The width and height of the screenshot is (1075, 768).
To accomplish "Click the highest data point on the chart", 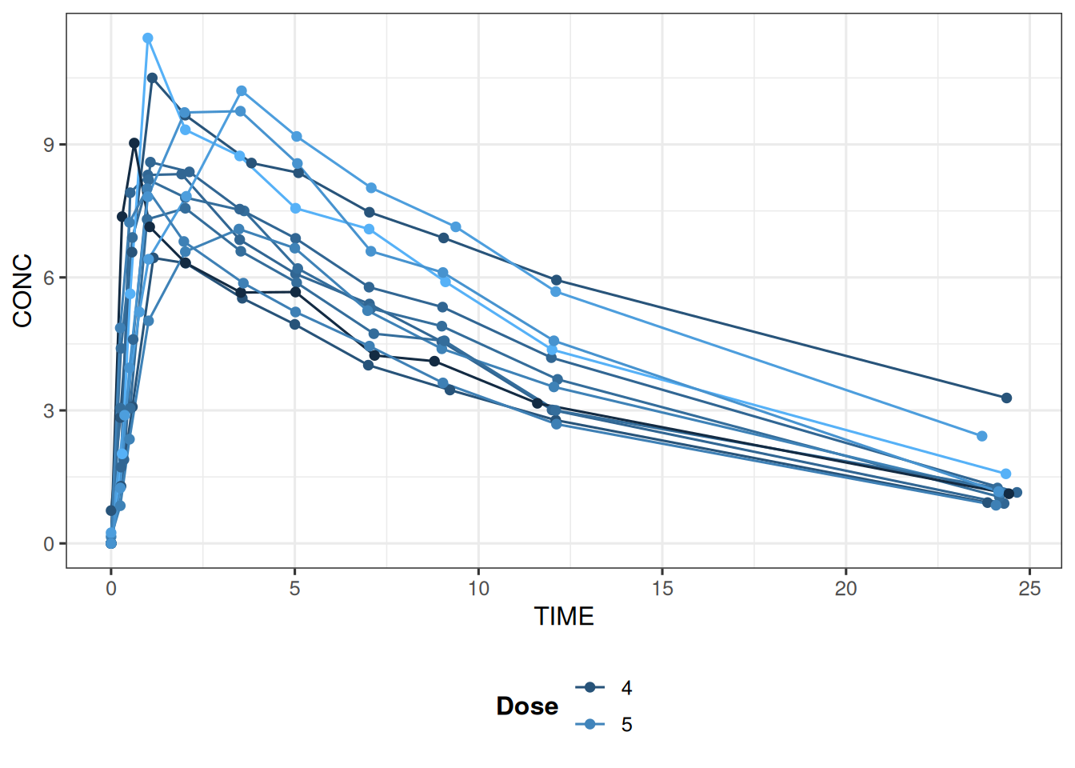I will click(148, 38).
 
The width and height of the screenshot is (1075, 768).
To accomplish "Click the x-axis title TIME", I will click(564, 617).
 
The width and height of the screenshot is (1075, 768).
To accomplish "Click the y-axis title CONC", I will click(22, 290).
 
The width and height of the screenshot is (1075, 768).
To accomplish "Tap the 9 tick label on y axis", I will click(50, 145).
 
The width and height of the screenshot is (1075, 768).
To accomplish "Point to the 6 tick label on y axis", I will click(50, 278).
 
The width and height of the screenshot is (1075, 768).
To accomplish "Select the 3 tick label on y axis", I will click(50, 411).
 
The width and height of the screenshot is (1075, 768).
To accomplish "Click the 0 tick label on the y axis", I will click(50, 544).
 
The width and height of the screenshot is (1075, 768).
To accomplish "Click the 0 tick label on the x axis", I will click(111, 589).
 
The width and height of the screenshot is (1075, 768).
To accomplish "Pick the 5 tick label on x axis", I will click(294, 589).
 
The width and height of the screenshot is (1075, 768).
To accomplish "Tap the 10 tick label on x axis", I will click(478, 589).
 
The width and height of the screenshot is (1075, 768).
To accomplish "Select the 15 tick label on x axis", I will click(662, 589).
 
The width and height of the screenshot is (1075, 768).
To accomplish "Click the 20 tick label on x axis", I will click(845, 589).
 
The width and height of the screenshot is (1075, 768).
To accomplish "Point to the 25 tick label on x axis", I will click(1029, 589).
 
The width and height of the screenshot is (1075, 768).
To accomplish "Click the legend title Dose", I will click(527, 706).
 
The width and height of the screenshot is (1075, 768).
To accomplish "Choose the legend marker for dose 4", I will click(590, 687).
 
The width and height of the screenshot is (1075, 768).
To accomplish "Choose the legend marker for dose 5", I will click(590, 725).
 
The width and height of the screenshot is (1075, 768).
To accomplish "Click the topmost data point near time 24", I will click(1006, 398).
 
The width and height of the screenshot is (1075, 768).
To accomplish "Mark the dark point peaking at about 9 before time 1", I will click(134, 143).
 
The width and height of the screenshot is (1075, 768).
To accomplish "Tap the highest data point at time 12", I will click(557, 280).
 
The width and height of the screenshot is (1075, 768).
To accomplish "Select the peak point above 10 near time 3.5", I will click(242, 91).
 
